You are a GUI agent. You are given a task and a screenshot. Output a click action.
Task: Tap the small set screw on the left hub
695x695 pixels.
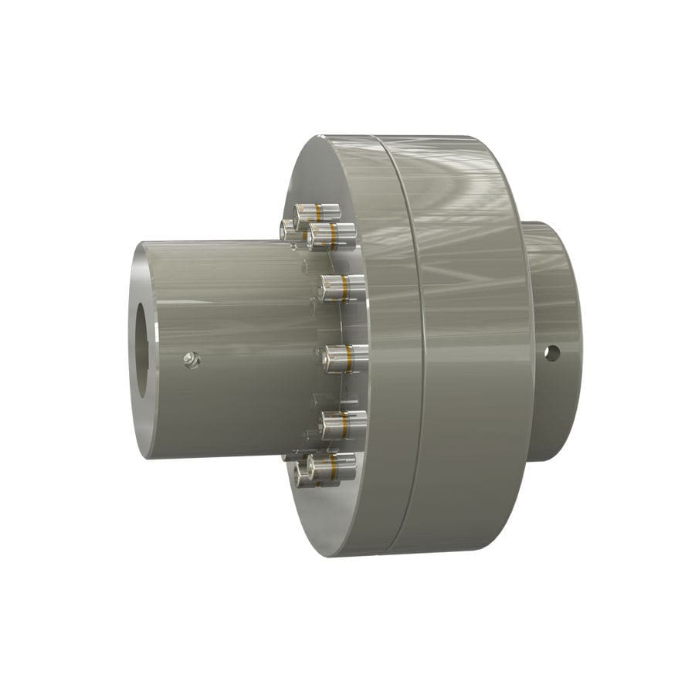coord(191,358)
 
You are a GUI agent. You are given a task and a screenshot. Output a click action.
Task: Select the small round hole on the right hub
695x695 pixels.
coord(551,353)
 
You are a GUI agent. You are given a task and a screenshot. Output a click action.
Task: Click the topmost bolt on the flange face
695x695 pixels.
coord(317,212)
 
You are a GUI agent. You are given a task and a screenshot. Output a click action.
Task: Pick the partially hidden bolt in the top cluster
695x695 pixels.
coord(288,229)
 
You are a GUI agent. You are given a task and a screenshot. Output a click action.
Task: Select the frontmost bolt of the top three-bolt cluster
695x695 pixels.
coord(331,236)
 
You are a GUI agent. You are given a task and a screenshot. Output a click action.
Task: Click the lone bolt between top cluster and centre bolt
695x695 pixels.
coord(342,288)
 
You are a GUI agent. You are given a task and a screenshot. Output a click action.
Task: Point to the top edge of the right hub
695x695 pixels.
coord(548,225)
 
